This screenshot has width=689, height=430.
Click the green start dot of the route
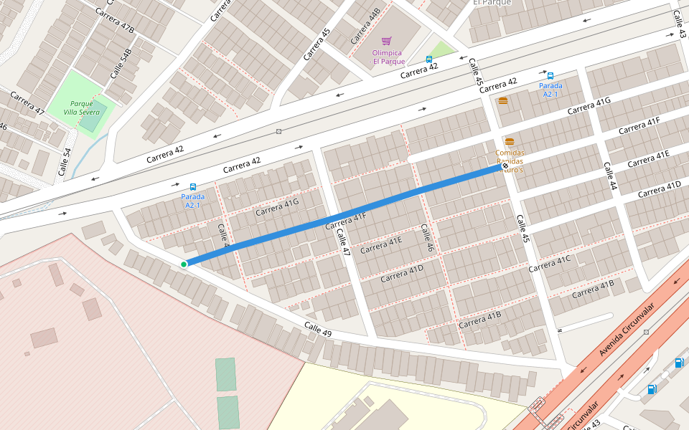click(184, 264)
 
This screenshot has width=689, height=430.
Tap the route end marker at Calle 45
click(505, 166)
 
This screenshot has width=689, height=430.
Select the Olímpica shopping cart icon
click(387, 42)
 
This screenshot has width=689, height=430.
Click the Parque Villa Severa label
click(81, 107)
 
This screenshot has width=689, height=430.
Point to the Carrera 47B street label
click(115, 21)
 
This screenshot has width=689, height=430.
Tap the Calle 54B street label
click(121, 64)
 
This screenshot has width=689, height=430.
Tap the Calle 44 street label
click(609, 176)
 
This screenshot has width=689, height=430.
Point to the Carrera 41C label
click(549, 264)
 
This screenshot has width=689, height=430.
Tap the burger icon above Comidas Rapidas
click(510, 142)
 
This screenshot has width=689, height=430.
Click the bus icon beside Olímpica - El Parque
click(429, 59)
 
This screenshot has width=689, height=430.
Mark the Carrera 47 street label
click(27, 103)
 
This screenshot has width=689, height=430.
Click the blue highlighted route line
click(344, 215)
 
